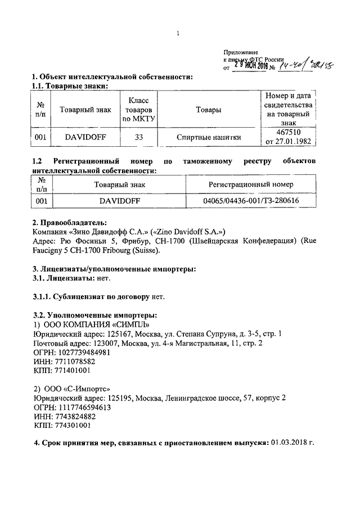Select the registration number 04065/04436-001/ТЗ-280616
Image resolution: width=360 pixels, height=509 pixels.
251,200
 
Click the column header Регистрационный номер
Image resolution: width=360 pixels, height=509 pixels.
251,184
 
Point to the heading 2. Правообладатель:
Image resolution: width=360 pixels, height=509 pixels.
69,223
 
